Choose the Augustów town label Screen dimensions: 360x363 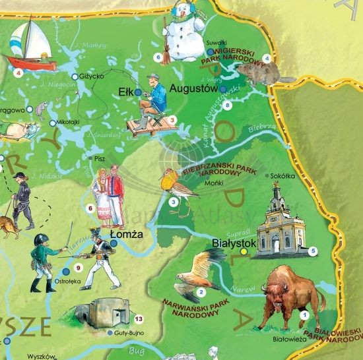tap(193, 87)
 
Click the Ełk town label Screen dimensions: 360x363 tap(125, 92)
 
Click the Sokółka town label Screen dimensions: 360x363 tap(282, 175)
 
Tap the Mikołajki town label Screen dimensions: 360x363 tap(71, 122)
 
